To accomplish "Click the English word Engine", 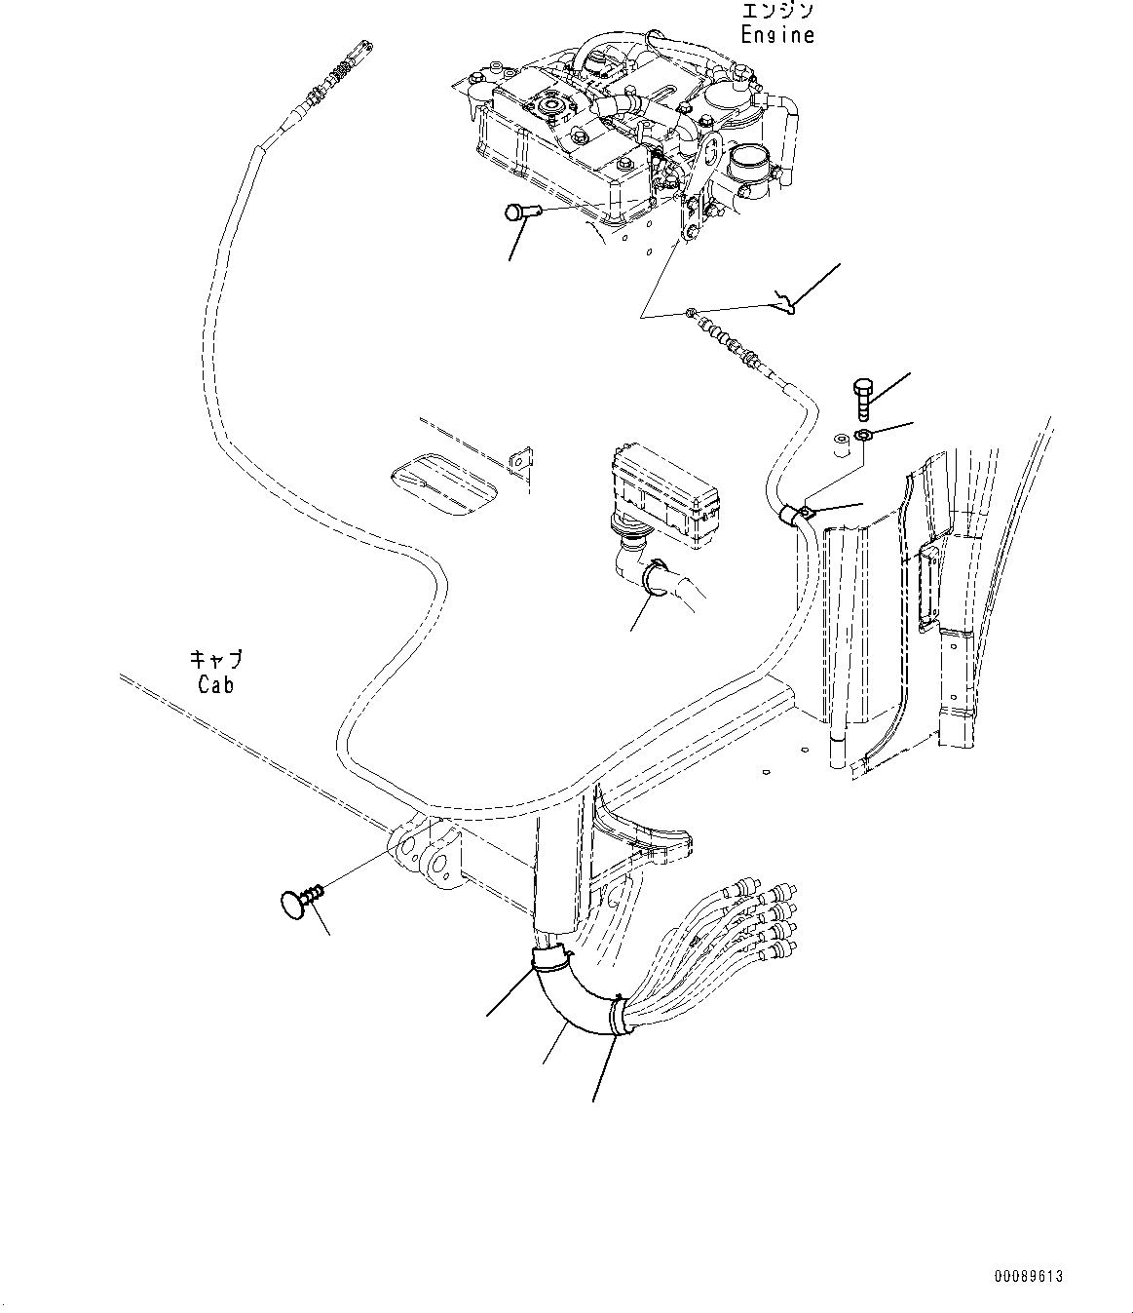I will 776,35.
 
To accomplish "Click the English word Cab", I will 215,684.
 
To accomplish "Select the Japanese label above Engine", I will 776,12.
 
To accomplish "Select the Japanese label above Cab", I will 215,660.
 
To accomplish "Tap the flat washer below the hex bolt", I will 862,434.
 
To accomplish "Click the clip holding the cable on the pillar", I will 804,513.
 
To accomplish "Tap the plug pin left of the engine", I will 519,212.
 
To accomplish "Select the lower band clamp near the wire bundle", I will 618,1017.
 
